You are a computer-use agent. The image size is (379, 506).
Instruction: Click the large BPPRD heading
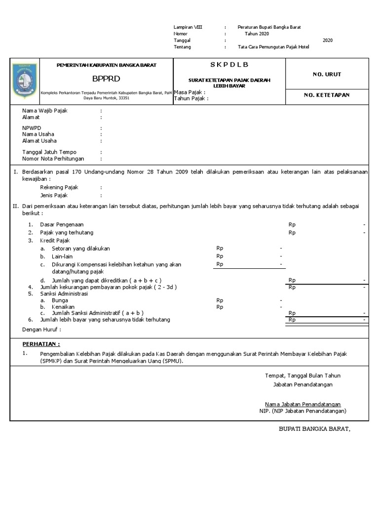[x=106, y=79]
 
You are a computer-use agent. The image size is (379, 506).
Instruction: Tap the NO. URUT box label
[x=327, y=74]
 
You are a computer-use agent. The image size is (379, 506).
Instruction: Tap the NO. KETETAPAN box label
[x=327, y=95]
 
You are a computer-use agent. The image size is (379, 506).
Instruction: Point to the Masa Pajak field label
[x=189, y=92]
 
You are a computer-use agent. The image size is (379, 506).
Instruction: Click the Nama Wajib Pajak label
[x=45, y=111]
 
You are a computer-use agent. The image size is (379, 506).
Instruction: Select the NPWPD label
[x=32, y=127]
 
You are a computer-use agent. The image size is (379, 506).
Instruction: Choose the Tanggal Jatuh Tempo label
[x=49, y=152]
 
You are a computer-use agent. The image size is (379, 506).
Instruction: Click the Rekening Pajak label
[x=59, y=188]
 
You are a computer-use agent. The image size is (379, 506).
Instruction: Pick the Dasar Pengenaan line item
[x=62, y=224]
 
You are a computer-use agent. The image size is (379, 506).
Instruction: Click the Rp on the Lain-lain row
[x=220, y=256]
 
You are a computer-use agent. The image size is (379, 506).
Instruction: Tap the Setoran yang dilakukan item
[x=81, y=248]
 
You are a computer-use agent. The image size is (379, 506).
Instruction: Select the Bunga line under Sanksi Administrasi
[x=60, y=300]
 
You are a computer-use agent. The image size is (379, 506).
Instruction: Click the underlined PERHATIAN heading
[x=41, y=344]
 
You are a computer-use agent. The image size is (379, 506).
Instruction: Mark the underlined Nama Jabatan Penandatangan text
[x=303, y=404]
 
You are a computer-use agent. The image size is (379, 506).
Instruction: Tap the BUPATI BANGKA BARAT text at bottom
[x=314, y=428]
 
